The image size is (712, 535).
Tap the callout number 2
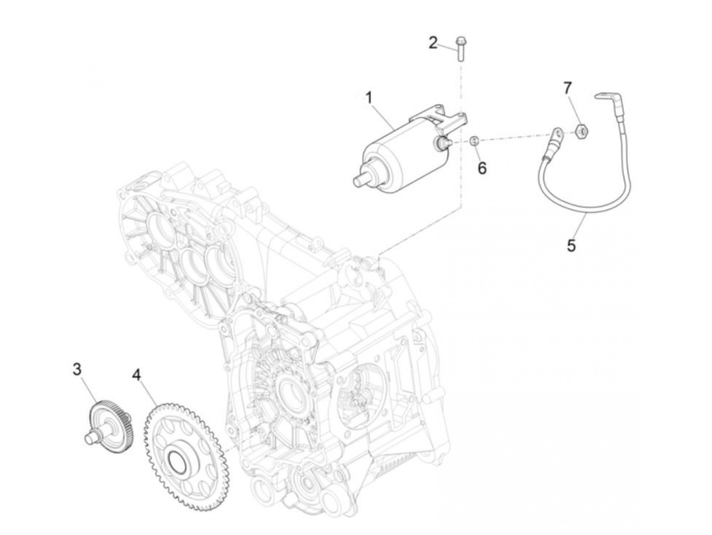pos(432,43)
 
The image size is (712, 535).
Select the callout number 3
pos(77,369)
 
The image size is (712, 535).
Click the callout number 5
pos(571,246)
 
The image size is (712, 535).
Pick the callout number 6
pos(481,167)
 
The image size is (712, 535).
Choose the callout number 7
pos(568,88)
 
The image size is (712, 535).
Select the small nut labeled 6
pos(474,141)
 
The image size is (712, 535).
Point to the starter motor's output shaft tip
pos(357,180)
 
